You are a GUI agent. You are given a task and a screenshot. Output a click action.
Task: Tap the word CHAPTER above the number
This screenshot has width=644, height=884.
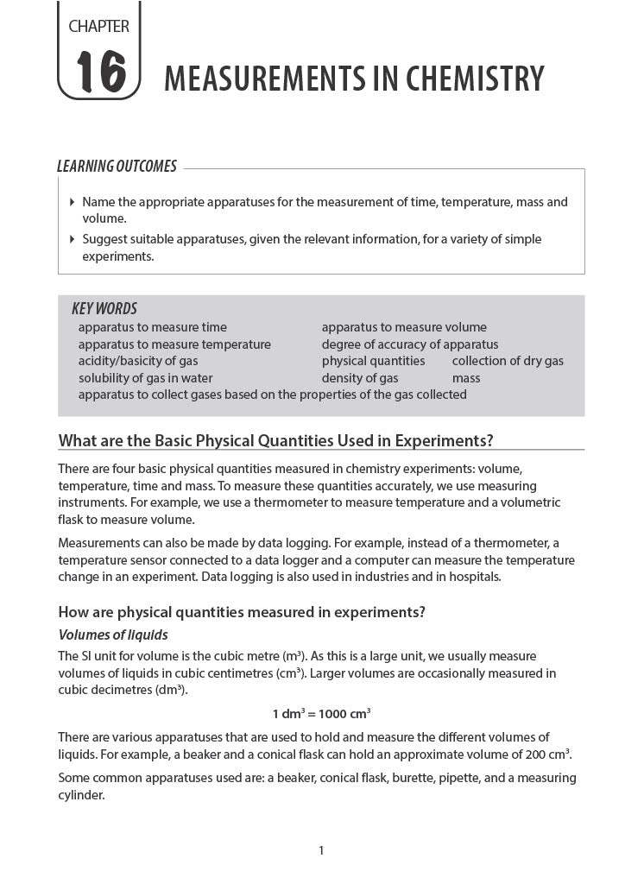pos(98,27)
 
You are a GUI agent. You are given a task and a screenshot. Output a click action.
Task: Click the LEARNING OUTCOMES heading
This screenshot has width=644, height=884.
pos(117,167)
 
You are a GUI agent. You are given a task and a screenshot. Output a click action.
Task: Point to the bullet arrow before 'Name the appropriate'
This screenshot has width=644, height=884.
pos(72,202)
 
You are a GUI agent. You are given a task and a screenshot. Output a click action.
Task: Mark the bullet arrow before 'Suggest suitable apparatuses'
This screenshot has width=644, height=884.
pos(72,239)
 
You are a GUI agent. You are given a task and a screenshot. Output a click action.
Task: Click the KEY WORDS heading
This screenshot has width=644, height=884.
pos(104,309)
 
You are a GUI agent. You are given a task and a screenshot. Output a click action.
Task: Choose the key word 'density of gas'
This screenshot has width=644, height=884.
pos(360,378)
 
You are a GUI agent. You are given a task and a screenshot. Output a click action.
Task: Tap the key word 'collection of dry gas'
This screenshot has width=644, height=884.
pos(508,361)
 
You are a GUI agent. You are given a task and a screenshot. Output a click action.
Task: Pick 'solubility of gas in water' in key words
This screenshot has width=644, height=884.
pos(145,378)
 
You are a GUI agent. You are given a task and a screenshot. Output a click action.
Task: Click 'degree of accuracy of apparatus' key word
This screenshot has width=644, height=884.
pos(409,344)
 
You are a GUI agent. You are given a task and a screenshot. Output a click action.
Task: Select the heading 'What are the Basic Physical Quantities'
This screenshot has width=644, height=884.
pos(275,441)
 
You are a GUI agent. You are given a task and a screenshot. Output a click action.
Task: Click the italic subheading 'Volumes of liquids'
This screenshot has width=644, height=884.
pos(112,635)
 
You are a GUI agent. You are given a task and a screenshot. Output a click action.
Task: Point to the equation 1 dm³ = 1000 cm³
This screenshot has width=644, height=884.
pos(321,714)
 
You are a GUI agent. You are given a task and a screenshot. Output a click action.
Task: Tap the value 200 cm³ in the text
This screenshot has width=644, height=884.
pos(549,755)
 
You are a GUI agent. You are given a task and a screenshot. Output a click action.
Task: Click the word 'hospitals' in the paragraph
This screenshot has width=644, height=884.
pos(473,577)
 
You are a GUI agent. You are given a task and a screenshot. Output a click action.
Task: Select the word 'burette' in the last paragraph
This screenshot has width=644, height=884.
pos(414,778)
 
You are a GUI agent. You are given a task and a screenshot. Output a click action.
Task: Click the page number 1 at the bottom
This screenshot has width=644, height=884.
pos(321,851)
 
